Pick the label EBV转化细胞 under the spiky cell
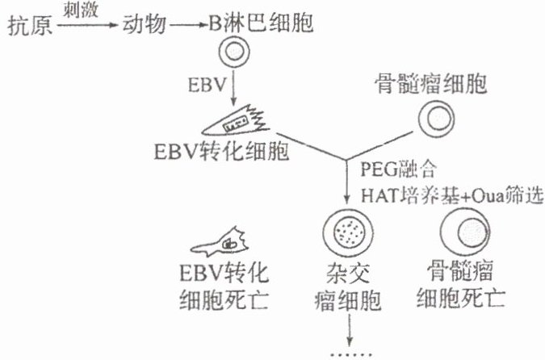tap(220, 151)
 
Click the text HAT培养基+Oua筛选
tap(442, 194)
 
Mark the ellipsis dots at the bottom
tap(350, 353)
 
